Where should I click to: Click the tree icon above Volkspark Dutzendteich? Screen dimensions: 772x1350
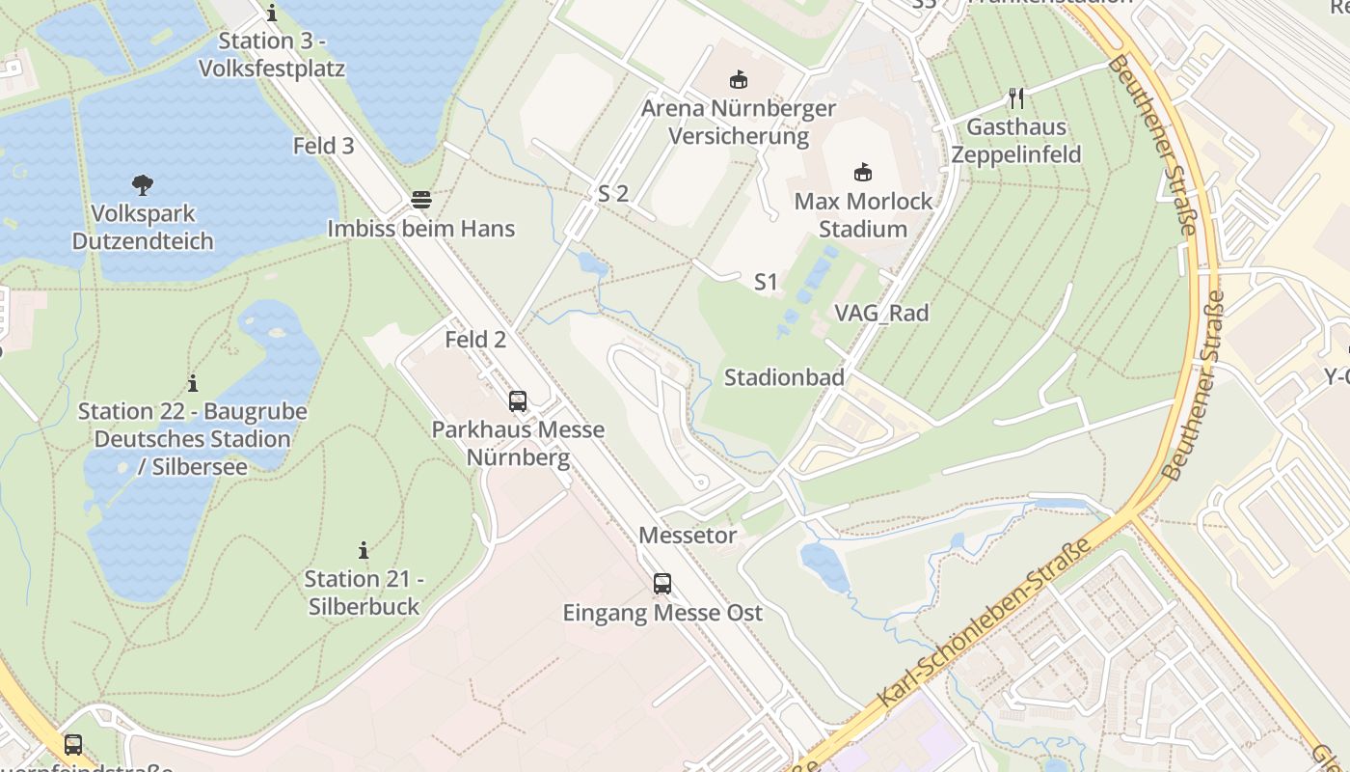(x=143, y=184)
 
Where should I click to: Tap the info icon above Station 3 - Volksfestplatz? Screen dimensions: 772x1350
(x=272, y=13)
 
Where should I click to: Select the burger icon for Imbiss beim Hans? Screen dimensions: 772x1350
(x=421, y=200)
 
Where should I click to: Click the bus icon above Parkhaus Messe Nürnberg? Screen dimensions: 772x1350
(x=518, y=400)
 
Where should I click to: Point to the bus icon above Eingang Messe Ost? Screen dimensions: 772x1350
(x=661, y=583)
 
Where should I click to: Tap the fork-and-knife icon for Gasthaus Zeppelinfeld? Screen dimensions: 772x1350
(x=1015, y=97)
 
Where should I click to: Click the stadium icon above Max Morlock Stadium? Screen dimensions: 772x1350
(x=863, y=173)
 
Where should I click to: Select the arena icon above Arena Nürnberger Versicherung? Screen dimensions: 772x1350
(x=739, y=79)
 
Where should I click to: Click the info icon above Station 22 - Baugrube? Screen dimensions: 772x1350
(x=193, y=383)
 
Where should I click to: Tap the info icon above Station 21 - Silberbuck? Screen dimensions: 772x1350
(x=364, y=550)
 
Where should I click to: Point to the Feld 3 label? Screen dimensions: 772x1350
(x=324, y=146)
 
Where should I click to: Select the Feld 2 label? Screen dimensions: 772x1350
(x=475, y=340)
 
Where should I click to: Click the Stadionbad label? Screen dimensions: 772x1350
(x=784, y=377)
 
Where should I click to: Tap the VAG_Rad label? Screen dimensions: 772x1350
(x=881, y=313)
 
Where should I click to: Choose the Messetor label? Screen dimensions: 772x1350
(x=688, y=535)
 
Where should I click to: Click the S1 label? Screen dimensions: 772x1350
(x=766, y=282)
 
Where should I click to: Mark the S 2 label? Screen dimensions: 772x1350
(x=613, y=193)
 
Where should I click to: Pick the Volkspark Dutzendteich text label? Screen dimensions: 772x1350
(x=143, y=227)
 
